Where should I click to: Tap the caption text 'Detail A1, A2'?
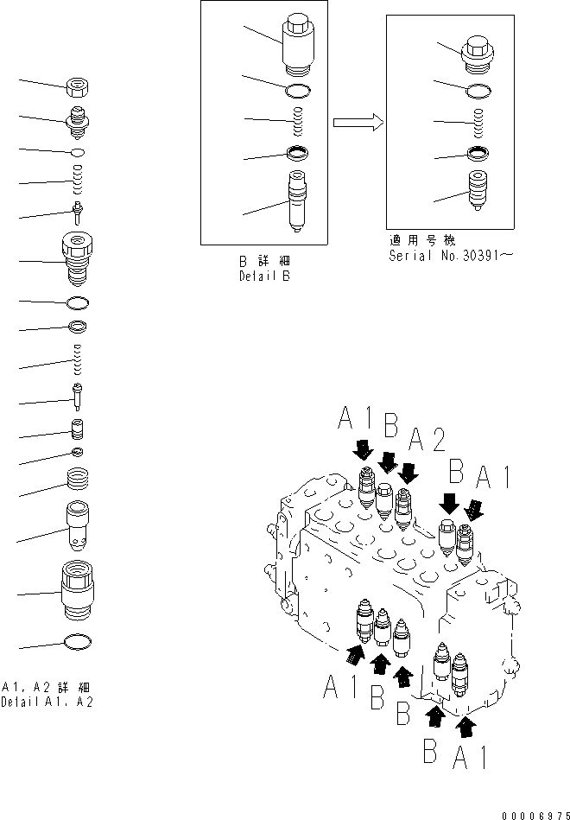click(x=47, y=702)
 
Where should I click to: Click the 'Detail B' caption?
click(x=265, y=277)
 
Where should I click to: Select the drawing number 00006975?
click(x=532, y=813)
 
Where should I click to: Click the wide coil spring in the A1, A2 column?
click(x=79, y=478)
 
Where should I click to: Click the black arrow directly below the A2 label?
click(x=408, y=472)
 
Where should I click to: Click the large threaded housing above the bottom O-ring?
click(x=79, y=589)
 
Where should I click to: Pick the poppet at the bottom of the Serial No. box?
click(x=478, y=190)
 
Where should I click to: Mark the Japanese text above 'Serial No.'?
click(x=421, y=241)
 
